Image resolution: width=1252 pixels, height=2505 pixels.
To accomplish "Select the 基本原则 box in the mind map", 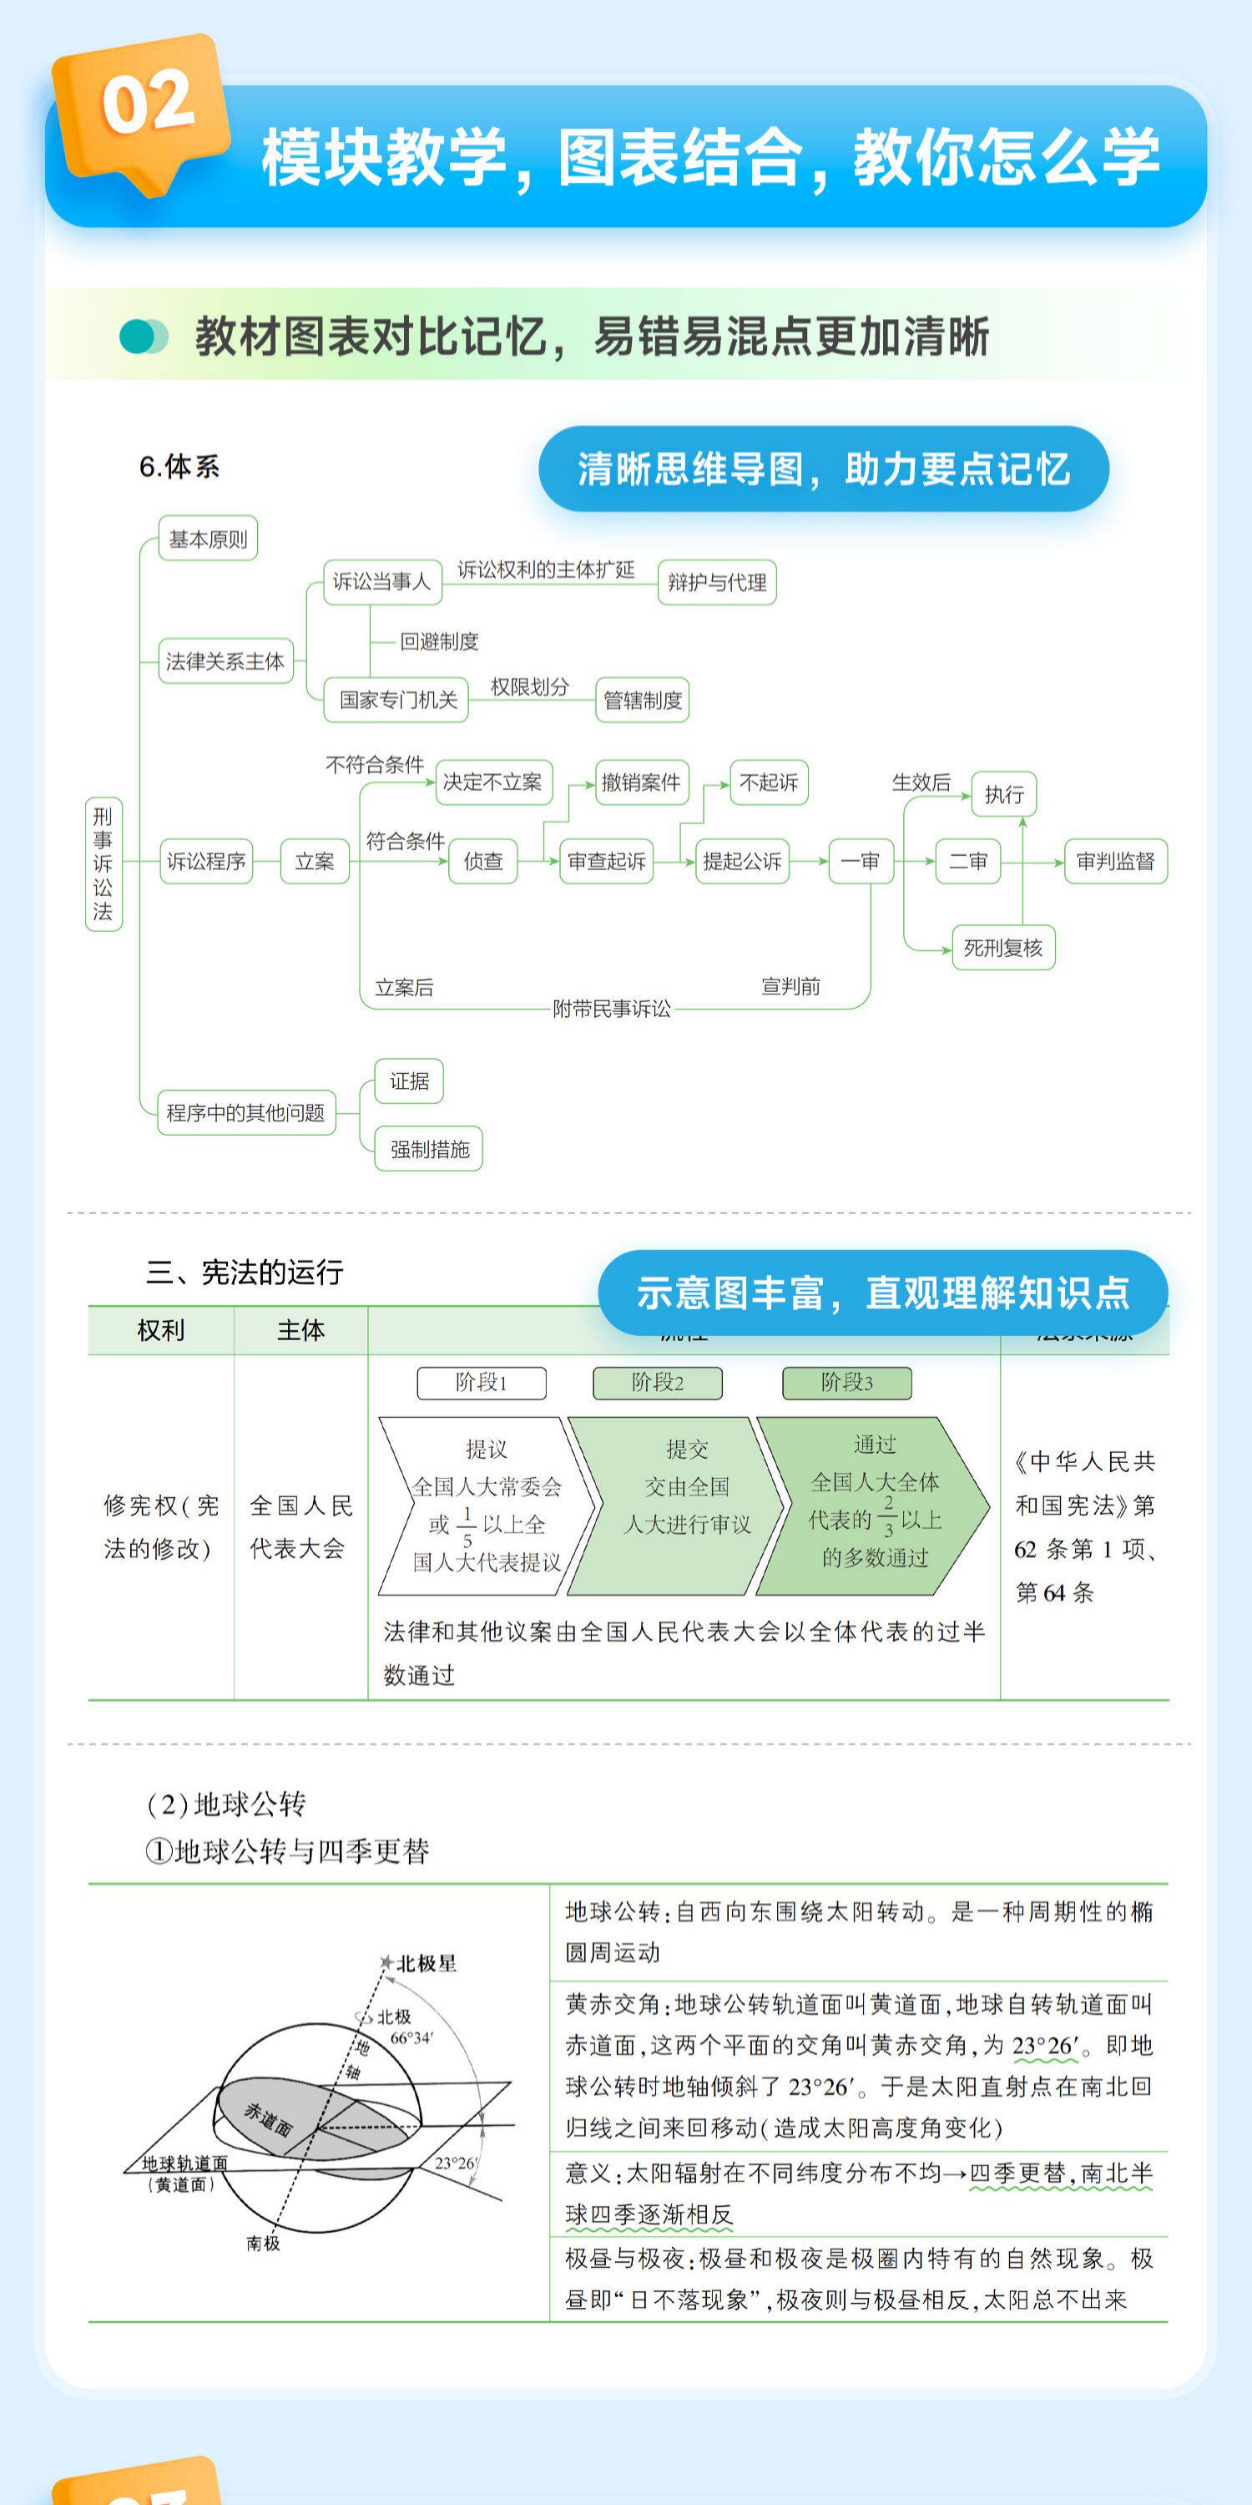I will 208,539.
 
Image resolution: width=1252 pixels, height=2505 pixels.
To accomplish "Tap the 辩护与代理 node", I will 716,583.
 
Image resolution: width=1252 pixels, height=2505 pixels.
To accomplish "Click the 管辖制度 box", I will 643,701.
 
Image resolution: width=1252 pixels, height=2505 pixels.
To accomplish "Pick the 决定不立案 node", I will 492,782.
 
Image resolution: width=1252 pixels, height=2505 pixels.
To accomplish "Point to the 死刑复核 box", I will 1002,948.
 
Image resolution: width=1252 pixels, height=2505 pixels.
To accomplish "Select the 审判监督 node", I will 1115,862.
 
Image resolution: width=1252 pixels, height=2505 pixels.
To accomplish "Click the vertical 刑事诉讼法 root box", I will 103,863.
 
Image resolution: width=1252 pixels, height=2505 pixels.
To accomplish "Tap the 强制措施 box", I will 429,1150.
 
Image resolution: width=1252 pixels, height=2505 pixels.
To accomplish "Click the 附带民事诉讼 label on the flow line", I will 612,1010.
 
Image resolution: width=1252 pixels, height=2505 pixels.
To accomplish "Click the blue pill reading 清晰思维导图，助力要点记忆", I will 823,468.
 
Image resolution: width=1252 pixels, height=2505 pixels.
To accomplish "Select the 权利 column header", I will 160,1330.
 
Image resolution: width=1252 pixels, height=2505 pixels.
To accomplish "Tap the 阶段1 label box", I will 481,1383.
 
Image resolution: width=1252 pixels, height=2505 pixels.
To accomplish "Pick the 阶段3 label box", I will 846,1383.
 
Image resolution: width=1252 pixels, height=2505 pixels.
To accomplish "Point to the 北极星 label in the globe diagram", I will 426,1963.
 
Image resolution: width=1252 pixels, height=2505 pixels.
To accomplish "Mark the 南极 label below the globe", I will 262,2244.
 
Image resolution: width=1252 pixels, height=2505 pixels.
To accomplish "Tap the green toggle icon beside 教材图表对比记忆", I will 144,337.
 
